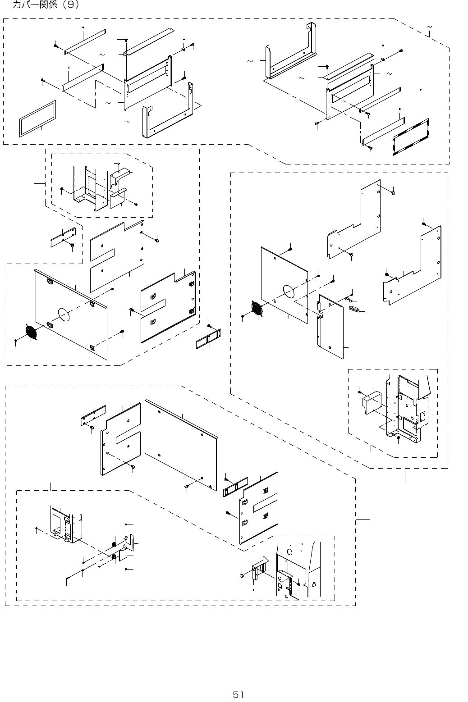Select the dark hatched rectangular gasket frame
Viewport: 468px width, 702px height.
point(411,137)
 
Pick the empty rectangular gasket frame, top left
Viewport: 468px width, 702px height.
point(38,118)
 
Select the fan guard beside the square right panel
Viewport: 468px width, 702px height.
point(257,309)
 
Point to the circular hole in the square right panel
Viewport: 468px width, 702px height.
point(288,292)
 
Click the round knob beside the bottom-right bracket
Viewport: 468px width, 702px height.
point(243,575)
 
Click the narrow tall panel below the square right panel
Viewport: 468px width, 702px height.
point(331,327)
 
